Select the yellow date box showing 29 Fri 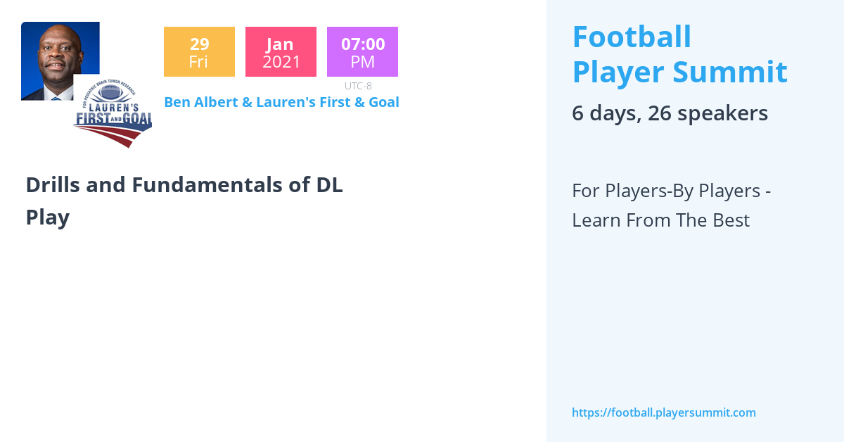(x=199, y=52)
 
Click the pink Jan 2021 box (x=281, y=52)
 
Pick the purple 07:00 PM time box (x=362, y=52)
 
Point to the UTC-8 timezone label (x=358, y=86)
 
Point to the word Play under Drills (x=47, y=217)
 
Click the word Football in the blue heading (x=632, y=37)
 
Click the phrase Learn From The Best (x=660, y=220)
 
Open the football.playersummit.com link (x=663, y=413)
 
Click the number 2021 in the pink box (x=281, y=62)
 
